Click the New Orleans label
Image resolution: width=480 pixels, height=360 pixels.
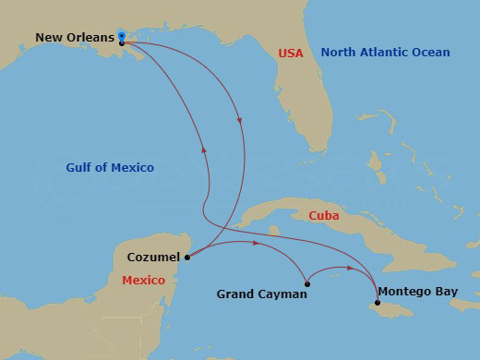[75, 38]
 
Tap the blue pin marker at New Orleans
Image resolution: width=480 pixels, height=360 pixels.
[122, 36]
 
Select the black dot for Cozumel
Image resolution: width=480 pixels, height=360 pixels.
[187, 258]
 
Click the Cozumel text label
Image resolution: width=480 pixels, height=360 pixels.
[154, 258]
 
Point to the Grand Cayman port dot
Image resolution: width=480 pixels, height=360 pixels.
[306, 283]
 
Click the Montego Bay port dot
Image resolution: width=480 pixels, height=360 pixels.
[378, 303]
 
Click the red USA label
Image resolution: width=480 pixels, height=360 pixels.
[291, 54]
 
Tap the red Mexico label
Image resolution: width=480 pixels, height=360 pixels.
[143, 280]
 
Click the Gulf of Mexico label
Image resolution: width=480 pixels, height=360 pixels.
[110, 168]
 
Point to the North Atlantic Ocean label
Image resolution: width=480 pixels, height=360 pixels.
[385, 54]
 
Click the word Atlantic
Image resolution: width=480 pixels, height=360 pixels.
[385, 54]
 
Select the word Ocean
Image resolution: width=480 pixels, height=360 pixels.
[429, 54]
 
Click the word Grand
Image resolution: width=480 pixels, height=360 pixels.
[234, 294]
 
